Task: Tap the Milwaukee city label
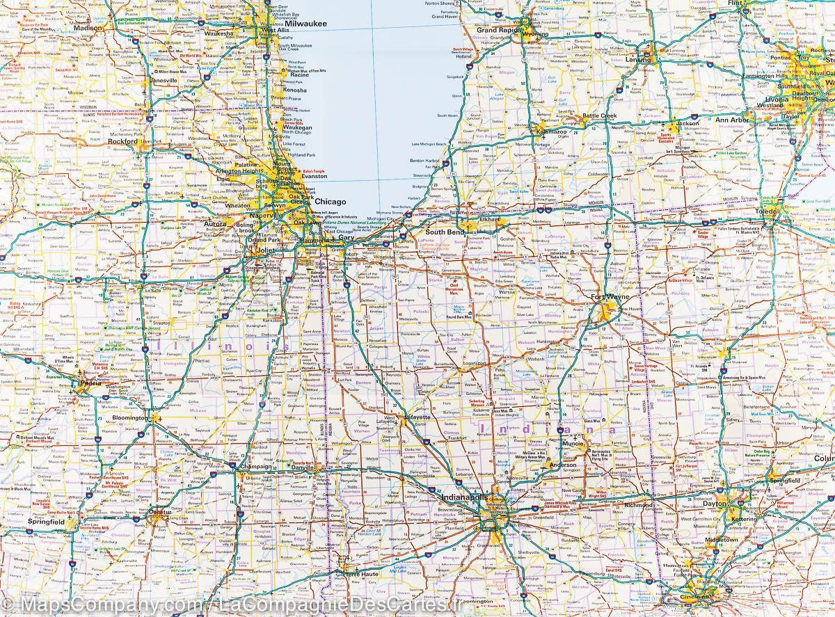(x=303, y=23)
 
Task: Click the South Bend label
(x=445, y=232)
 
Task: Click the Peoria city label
(x=90, y=383)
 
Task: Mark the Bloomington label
(x=129, y=418)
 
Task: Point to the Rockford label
(x=123, y=141)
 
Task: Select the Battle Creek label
(x=600, y=115)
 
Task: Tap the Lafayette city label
(x=418, y=417)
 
